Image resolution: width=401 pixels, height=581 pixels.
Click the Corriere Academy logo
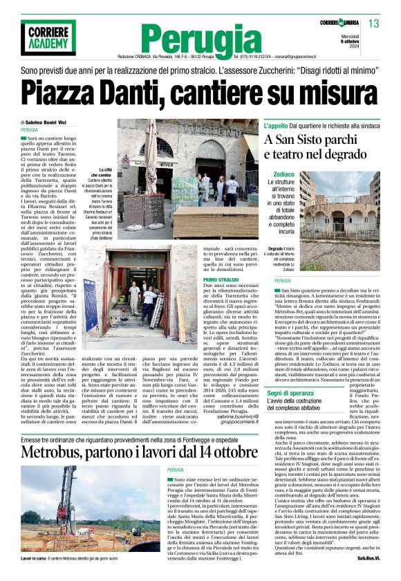(47, 38)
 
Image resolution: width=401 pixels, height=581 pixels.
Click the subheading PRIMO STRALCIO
(221, 279)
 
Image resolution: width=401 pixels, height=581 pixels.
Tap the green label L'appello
(280, 127)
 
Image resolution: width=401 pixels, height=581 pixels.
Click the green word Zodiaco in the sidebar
(283, 174)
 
